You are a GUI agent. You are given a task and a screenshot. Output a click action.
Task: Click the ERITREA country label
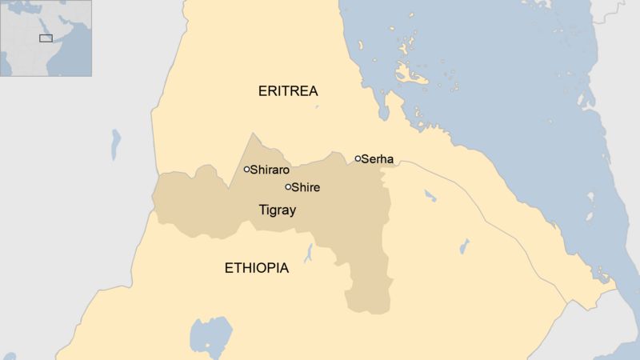(289, 91)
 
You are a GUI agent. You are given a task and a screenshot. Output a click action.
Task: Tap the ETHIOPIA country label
(256, 269)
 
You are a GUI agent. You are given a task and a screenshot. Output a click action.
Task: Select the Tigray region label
(278, 211)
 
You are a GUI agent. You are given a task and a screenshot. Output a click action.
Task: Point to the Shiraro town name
(270, 170)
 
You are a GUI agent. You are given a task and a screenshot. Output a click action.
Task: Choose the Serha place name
(377, 159)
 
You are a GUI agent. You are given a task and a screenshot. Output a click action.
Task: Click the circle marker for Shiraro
(246, 169)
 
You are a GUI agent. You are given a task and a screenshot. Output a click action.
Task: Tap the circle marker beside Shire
(288, 187)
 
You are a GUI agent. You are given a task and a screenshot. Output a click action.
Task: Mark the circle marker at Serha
(358, 158)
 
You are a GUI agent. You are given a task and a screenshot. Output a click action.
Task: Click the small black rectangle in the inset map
(46, 38)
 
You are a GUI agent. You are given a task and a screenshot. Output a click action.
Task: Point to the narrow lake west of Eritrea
(117, 142)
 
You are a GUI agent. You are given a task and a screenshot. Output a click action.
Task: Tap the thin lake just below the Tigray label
(309, 254)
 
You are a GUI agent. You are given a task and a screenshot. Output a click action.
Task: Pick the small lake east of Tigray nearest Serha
(430, 194)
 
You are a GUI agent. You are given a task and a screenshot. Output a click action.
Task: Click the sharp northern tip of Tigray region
(253, 134)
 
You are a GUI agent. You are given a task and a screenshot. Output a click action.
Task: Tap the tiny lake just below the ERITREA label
(316, 106)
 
